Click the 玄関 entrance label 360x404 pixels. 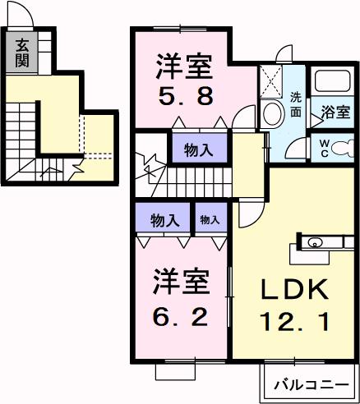coord(21,52)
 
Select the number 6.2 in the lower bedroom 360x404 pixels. coord(182,314)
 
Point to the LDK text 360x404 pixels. coord(295,291)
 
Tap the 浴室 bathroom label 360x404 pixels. coord(335,111)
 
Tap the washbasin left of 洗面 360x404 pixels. coord(270,115)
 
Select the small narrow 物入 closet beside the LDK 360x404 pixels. coord(210,219)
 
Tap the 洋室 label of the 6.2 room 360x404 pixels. coord(182,282)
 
